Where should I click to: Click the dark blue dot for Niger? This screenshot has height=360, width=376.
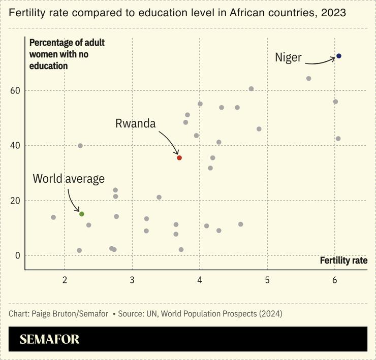click(339, 56)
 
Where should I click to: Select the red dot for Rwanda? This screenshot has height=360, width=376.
click(179, 158)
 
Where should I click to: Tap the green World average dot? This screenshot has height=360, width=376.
click(81, 214)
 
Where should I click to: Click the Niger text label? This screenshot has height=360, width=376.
click(288, 57)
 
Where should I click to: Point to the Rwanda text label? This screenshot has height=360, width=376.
click(135, 123)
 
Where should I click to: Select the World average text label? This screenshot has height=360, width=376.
click(69, 179)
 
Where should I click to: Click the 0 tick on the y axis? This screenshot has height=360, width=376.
click(16, 255)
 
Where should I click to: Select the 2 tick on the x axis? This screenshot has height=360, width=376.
click(65, 280)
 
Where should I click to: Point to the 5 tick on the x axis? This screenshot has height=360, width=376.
click(267, 280)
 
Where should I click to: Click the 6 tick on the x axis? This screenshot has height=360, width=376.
click(335, 280)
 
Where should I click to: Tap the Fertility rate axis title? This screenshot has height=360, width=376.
click(343, 260)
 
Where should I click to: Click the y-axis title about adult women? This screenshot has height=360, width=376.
click(66, 54)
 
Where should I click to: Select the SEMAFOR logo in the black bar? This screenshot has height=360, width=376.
click(49, 340)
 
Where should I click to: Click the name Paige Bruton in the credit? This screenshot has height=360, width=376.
click(55, 314)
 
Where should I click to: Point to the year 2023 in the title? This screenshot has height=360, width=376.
click(333, 13)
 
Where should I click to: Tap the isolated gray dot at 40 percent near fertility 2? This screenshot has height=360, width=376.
click(80, 146)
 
